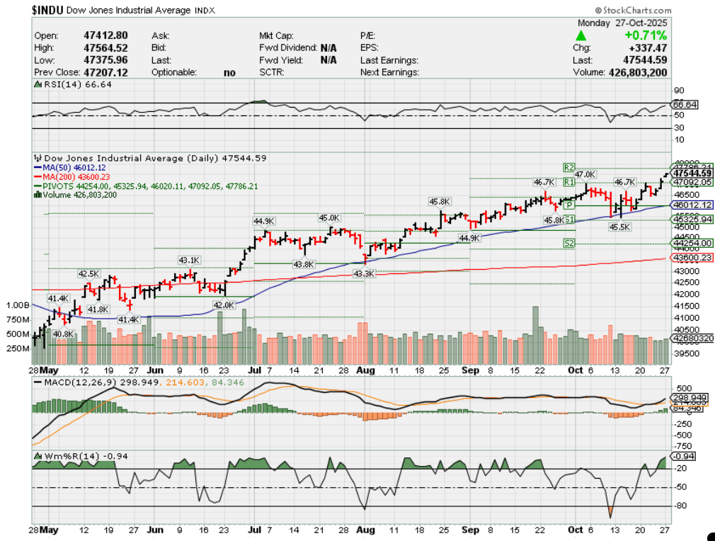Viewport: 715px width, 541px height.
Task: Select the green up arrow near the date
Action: tap(581, 35)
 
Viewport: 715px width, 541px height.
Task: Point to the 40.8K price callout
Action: tap(63, 334)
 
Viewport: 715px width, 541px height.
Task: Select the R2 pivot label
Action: tap(568, 167)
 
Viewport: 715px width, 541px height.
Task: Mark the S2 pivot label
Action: tap(568, 243)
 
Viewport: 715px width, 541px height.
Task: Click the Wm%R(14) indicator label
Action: tap(66, 455)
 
